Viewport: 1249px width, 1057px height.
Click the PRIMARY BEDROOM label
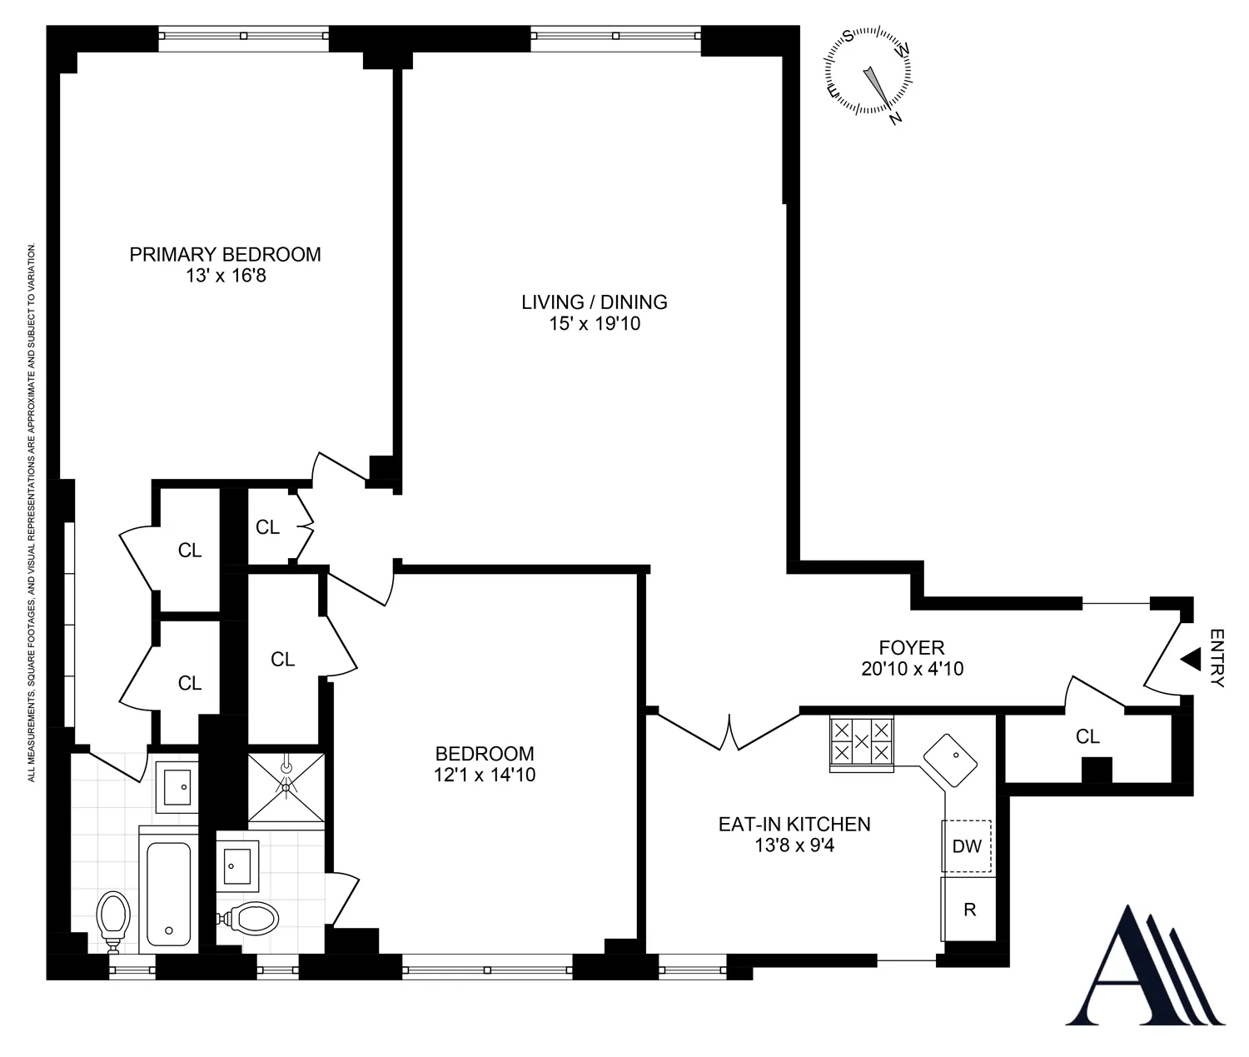[225, 254]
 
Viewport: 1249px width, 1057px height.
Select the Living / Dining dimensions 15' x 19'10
[595, 324]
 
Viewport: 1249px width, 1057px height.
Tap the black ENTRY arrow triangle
[1190, 660]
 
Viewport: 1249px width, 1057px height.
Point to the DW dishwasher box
[967, 846]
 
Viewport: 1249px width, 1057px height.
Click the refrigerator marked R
[968, 909]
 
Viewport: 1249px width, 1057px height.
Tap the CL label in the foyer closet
[1087, 736]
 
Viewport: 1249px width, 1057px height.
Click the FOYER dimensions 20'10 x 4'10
[912, 669]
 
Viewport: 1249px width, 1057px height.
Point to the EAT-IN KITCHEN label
[794, 824]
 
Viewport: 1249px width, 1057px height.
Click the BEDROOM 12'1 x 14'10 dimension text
[485, 775]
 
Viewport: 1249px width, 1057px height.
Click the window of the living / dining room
[615, 36]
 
